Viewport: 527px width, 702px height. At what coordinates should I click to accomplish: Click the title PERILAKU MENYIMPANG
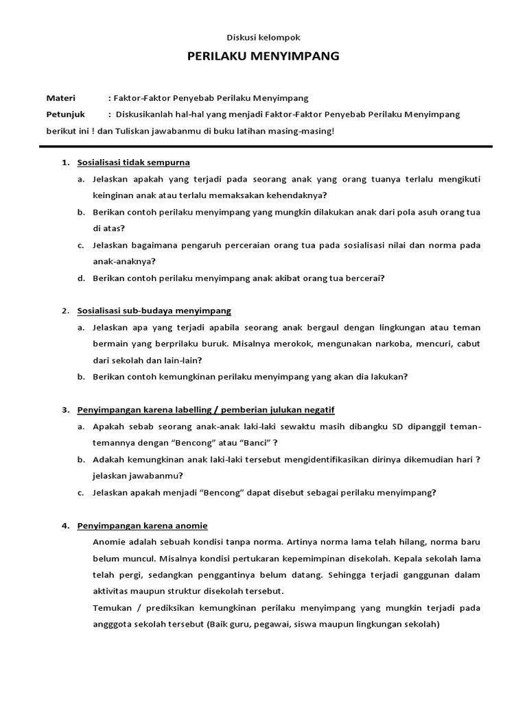263,56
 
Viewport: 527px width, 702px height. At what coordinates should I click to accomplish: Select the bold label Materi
61,98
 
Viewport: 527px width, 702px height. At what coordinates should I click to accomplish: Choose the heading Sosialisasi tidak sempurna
133,162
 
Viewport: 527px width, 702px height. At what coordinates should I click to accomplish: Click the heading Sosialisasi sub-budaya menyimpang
154,311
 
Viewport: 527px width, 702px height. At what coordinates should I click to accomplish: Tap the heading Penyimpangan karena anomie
142,526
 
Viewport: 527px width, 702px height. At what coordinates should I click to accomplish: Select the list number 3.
65,410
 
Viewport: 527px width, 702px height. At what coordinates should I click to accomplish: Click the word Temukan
111,608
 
